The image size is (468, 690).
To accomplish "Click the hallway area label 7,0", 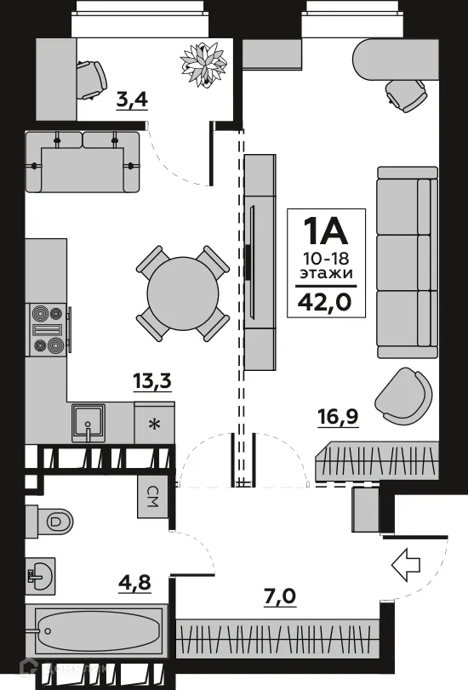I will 281,594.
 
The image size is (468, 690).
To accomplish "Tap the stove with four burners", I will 48,328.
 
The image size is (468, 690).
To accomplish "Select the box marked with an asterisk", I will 154,423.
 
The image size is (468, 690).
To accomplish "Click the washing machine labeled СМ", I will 154,495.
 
